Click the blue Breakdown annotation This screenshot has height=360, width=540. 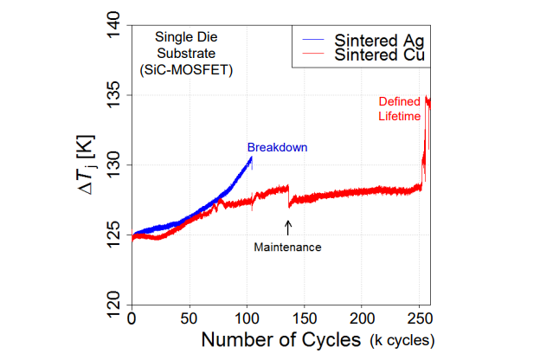[x=277, y=147]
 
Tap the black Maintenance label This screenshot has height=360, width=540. [x=287, y=247]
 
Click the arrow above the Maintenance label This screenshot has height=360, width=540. [x=288, y=227]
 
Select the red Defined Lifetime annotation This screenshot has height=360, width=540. [x=400, y=109]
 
